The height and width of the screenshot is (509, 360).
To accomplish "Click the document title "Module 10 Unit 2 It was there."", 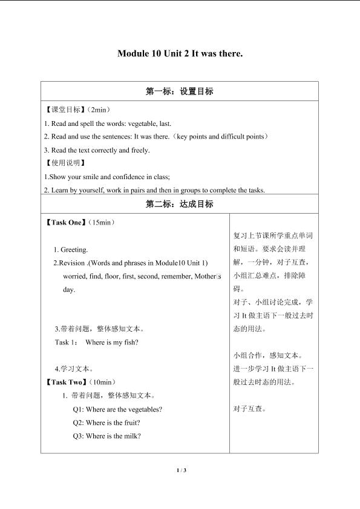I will [x=180, y=53].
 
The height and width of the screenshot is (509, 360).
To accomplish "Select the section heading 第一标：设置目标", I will [x=180, y=92].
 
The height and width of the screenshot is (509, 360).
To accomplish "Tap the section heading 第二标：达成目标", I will [x=180, y=204].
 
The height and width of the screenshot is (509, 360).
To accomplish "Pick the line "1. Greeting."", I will [x=71, y=249].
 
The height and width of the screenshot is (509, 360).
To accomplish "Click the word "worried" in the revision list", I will [x=74, y=276].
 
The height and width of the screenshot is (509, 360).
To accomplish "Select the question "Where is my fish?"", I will [x=113, y=343].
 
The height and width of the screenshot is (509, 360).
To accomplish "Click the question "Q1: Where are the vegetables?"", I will [x=117, y=409].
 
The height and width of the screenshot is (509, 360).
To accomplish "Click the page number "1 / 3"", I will [x=180, y=470].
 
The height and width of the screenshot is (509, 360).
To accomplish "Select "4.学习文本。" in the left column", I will [x=74, y=369].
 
